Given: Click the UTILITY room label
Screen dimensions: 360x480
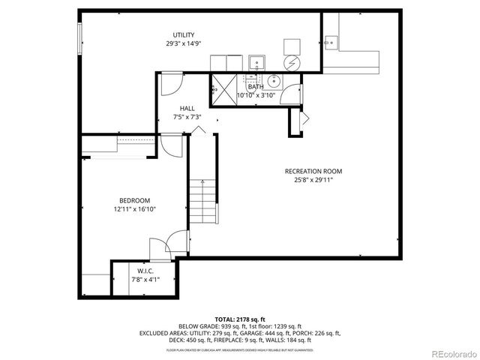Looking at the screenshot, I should point(184,35).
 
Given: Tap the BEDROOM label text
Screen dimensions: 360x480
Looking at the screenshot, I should point(135,200).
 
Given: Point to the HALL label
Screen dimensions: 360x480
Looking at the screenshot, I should point(187,109).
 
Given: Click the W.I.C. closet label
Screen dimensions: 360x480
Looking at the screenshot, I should point(146,271).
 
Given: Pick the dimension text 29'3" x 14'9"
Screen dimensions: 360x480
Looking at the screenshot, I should point(184,44).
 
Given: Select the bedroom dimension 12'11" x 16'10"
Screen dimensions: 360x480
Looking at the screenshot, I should point(135,209).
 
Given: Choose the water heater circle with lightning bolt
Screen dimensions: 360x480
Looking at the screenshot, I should point(292,61).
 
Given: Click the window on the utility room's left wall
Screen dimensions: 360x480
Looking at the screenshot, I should point(79,37).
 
